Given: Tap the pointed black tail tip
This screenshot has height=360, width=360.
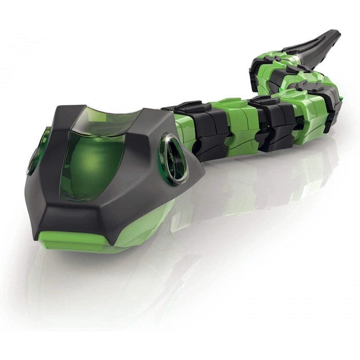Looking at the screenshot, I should click(x=337, y=35).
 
